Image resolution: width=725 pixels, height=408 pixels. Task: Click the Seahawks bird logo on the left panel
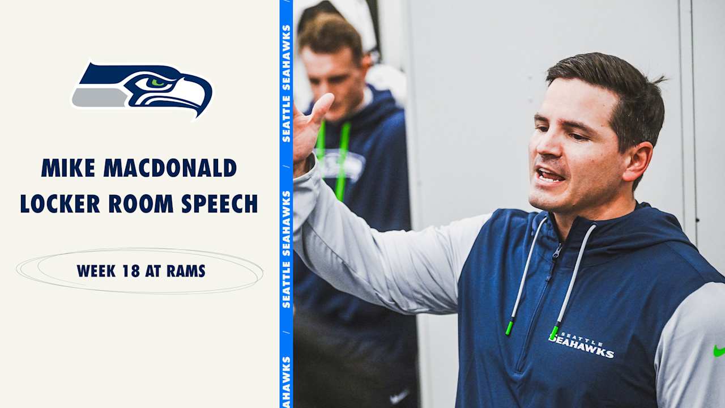pyautogui.click(x=142, y=89)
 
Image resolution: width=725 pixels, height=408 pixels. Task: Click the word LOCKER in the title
pyautogui.click(x=60, y=203)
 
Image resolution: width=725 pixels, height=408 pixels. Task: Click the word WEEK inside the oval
pyautogui.click(x=97, y=271)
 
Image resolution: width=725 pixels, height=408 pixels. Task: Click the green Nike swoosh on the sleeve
pyautogui.click(x=719, y=351)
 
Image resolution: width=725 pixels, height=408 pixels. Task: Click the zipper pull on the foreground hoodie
pyautogui.click(x=557, y=249)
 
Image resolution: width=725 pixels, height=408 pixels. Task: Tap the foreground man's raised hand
pyautogui.click(x=308, y=130)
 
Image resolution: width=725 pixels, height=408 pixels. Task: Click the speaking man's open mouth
pyautogui.click(x=549, y=175)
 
